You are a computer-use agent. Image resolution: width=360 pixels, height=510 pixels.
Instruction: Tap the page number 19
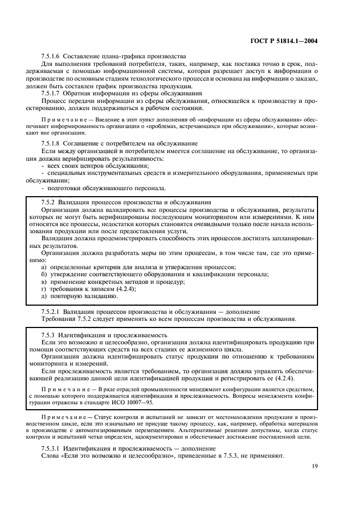(x=315, y=466)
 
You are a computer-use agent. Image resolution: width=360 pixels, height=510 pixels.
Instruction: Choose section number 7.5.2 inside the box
(x=50, y=202)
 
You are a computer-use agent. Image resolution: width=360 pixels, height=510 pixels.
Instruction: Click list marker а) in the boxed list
(x=45, y=266)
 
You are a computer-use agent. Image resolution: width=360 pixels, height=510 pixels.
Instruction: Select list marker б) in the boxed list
(x=45, y=274)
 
